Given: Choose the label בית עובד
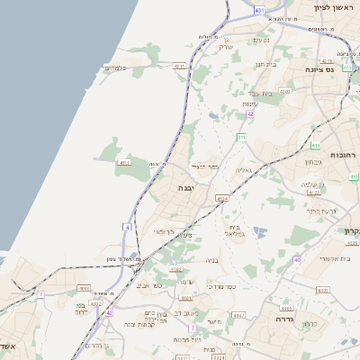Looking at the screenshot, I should click(260, 93).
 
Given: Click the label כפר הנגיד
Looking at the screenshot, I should click(206, 166).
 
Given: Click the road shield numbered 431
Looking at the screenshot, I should click(259, 10).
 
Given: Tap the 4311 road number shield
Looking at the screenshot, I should click(179, 66).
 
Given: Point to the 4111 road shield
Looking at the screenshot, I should click(124, 163).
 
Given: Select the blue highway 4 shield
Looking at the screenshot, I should click(128, 227).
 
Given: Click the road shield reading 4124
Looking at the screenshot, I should click(222, 199).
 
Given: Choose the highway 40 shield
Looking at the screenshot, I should click(297, 261).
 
